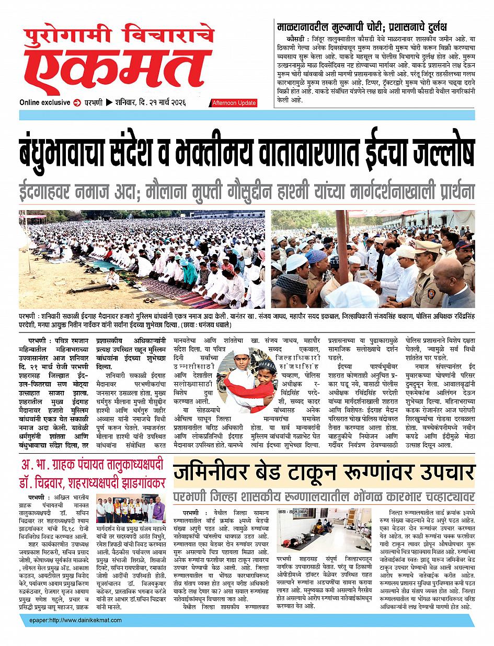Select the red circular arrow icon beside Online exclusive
click(77, 102)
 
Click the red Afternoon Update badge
click(234, 103)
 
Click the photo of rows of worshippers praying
click(142, 259)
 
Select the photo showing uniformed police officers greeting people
click(373, 259)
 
